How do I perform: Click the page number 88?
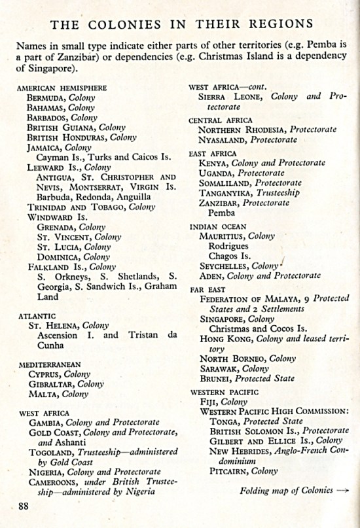click(24, 505)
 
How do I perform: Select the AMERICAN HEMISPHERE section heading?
click(62, 88)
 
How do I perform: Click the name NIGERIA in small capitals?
click(47, 472)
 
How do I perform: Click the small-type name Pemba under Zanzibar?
click(221, 213)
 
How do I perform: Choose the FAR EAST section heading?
click(206, 289)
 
